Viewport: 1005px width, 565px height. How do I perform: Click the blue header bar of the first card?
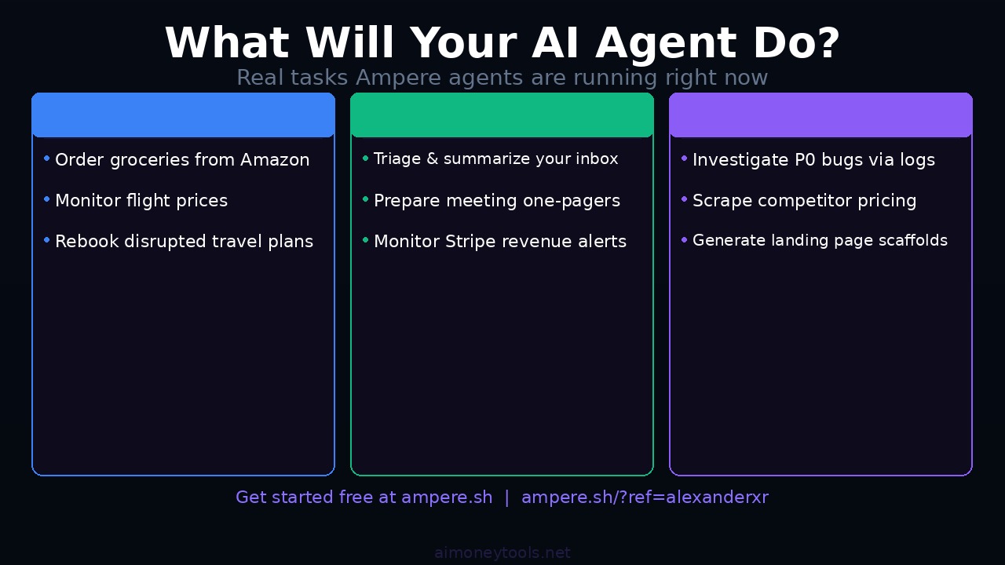[x=183, y=115]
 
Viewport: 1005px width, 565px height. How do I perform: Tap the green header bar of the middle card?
[x=502, y=115]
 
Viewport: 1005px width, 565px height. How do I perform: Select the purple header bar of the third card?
[x=820, y=115]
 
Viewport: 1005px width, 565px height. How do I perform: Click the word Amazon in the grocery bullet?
[x=275, y=160]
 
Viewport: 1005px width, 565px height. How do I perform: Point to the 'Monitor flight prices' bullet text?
[x=141, y=201]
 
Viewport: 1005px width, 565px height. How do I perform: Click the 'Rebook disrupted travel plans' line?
[x=184, y=242]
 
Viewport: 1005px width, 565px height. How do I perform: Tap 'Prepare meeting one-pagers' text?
[x=497, y=201]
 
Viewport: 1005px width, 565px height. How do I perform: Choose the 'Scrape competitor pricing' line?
[x=804, y=201]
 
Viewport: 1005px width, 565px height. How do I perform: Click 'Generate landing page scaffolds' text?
[x=820, y=241]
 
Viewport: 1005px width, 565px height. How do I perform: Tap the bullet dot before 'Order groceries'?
[x=47, y=159]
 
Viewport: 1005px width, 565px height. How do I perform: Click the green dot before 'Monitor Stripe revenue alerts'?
[x=366, y=240]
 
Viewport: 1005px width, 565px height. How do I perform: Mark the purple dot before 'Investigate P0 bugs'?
[x=685, y=159]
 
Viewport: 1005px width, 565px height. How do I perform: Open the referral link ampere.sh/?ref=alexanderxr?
[x=645, y=498]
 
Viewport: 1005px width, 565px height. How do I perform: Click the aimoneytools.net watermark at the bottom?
[x=502, y=553]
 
